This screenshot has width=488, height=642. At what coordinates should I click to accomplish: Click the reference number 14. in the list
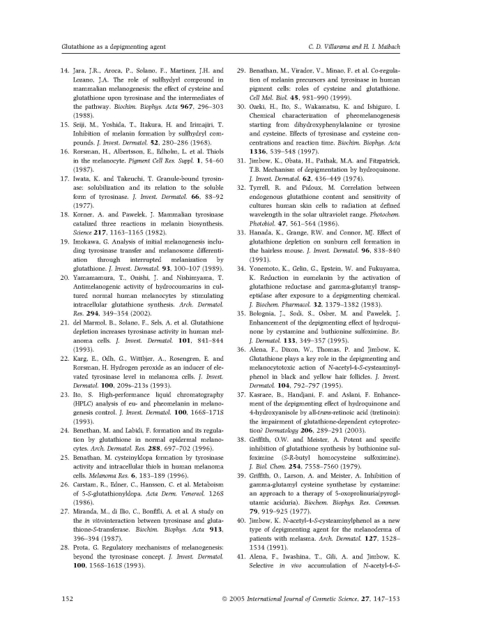tap(66, 70)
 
